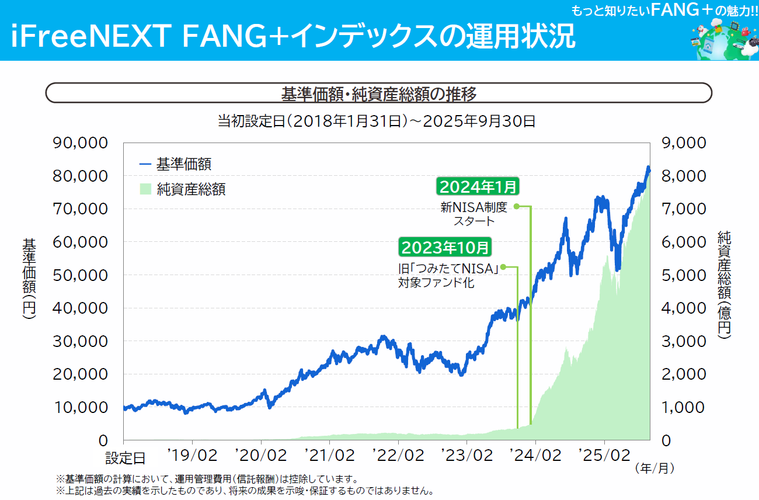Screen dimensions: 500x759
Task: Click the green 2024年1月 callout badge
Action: (477, 187)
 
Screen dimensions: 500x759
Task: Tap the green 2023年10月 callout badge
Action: (445, 247)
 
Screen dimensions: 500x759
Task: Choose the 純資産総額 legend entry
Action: (183, 189)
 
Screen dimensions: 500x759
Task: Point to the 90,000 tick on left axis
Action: (81, 143)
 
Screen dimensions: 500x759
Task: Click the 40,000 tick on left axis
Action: (81, 308)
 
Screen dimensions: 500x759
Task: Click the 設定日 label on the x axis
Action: (125, 457)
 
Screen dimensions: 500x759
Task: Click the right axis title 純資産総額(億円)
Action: (724, 283)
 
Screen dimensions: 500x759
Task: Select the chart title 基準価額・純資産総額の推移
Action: (379, 93)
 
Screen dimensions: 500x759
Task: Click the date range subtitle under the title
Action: (377, 121)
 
